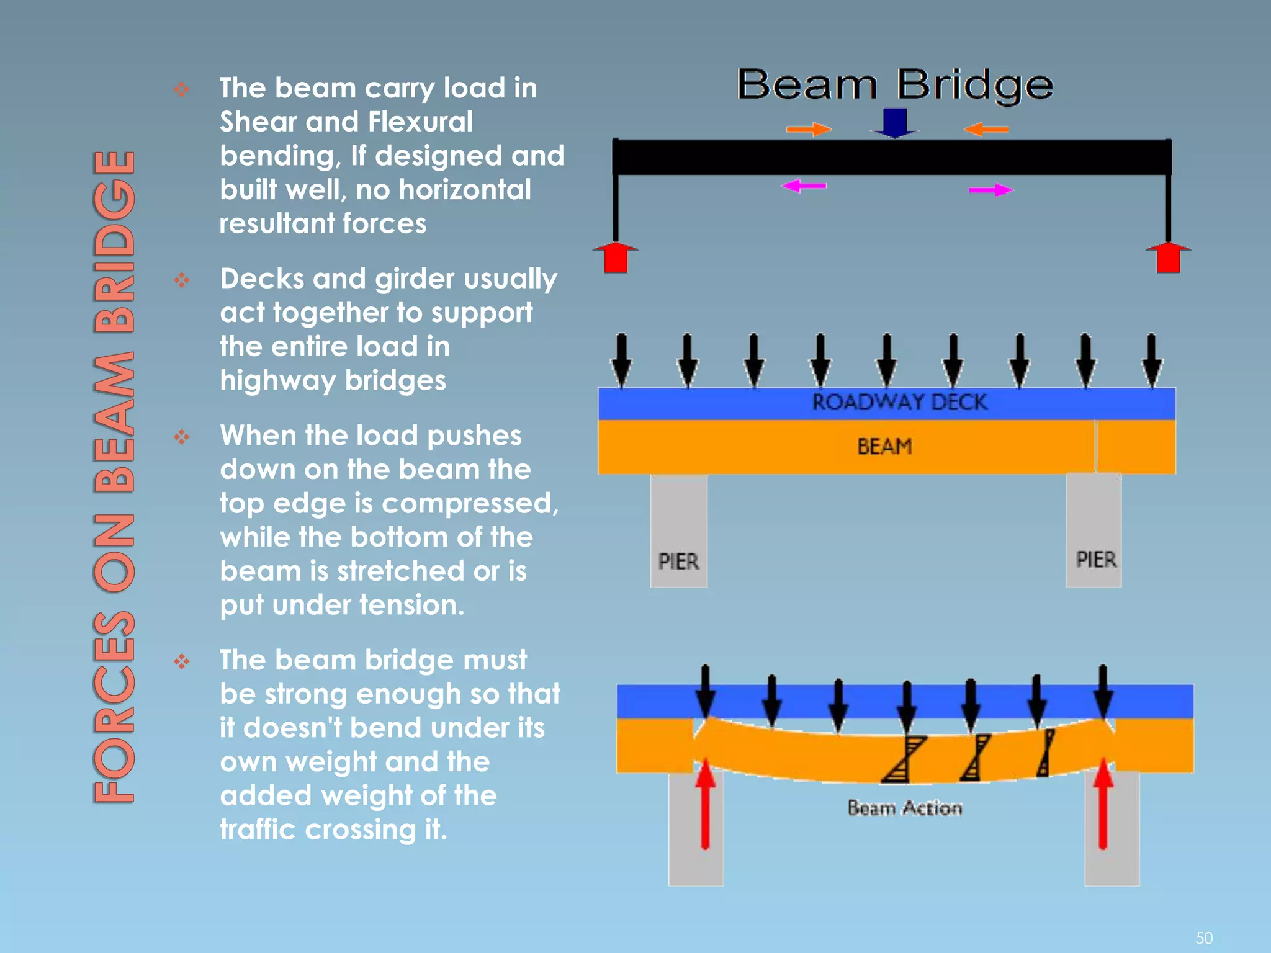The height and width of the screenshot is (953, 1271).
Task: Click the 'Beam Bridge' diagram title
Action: point(894,85)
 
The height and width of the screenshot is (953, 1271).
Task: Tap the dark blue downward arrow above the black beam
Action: point(894,122)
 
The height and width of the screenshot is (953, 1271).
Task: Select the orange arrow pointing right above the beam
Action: point(809,129)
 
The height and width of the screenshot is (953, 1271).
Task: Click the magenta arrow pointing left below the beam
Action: point(804,186)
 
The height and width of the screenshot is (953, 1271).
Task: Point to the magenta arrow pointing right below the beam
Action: point(990,190)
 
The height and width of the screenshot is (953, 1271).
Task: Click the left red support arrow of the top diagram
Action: point(616,257)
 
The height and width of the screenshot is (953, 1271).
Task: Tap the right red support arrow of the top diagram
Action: point(1168,257)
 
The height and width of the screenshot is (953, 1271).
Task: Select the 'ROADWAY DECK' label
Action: point(899,402)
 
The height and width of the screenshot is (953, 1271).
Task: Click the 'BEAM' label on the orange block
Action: point(884,446)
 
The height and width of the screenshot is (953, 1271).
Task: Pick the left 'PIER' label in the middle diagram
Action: point(678,562)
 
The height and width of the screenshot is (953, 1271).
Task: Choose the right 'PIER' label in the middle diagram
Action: point(1095,559)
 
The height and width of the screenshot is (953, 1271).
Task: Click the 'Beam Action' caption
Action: point(904,808)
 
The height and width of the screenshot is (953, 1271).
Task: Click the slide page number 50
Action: point(1203,937)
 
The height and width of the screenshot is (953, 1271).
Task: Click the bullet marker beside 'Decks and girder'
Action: point(181,280)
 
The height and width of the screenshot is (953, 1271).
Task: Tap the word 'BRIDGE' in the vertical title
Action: point(114,242)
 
